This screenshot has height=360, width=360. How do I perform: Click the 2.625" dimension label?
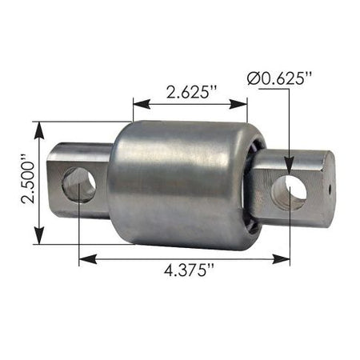190,92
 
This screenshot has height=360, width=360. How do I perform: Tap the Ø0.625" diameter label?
279,78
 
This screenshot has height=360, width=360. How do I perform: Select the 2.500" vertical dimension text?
29,182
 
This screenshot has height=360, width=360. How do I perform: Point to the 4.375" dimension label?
190,270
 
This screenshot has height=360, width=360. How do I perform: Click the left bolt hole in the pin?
78,185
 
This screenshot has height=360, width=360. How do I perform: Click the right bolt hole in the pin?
289,192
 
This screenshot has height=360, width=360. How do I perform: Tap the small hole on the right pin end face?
330,189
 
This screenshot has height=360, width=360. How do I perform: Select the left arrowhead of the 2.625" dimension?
142,104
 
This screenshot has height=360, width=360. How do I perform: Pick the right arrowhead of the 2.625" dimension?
238,104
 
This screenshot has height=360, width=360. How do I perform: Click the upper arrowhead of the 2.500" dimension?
39,130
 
